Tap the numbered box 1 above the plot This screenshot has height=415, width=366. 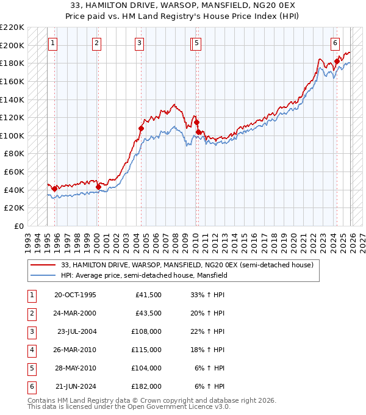coord(53,43)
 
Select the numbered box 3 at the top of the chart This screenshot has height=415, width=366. coord(140,43)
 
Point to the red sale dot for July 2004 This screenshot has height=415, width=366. coord(141,128)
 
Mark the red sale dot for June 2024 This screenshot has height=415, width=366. coord(337,61)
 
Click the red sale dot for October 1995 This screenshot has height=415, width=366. coord(54,189)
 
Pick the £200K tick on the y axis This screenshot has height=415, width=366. coord(12,45)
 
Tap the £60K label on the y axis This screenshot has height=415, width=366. coord(14,172)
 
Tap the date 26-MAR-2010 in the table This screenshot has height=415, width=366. coord(76,350)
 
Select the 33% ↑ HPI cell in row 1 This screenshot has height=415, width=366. coord(207,295)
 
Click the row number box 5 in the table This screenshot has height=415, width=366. coord(31,369)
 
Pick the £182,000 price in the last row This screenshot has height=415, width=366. coord(147,386)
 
